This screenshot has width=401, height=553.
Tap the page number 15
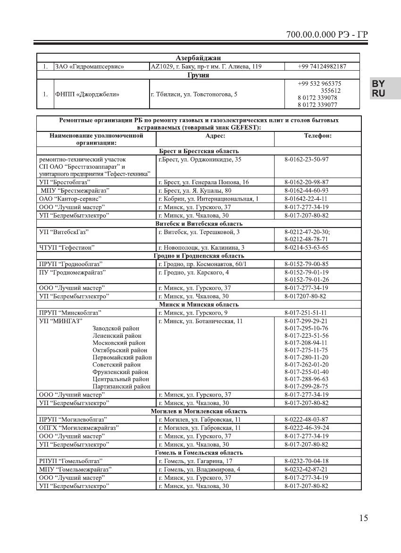pyautogui.click(x=363, y=518)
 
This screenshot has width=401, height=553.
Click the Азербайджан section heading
pyautogui.click(x=198, y=58)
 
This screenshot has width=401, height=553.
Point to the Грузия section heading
pyautogui.click(x=198, y=75)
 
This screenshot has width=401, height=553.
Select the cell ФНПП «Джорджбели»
pyautogui.click(x=87, y=94)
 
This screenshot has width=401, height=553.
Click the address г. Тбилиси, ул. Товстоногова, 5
pyautogui.click(x=194, y=94)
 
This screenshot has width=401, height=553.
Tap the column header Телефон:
pyautogui.click(x=317, y=136)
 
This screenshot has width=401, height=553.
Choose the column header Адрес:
pyautogui.click(x=215, y=136)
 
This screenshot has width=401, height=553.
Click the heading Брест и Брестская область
pyautogui.click(x=198, y=151)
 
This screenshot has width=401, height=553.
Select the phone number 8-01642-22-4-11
pyautogui.click(x=307, y=199)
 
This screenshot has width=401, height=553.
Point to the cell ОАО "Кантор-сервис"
pyautogui.click(x=70, y=199)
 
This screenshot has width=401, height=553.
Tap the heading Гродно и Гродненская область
pyautogui.click(x=198, y=256)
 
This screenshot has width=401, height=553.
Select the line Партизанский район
pyautogui.click(x=121, y=386)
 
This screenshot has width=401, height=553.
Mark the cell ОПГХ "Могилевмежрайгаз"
pyautogui.click(x=79, y=428)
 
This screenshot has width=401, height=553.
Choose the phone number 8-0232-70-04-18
pyautogui.click(x=307, y=461)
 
